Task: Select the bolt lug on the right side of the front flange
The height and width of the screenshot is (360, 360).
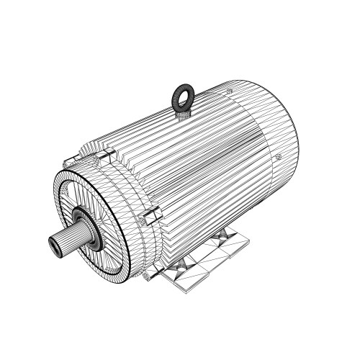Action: [153, 215]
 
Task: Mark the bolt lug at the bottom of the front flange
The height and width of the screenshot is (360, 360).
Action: [147, 274]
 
